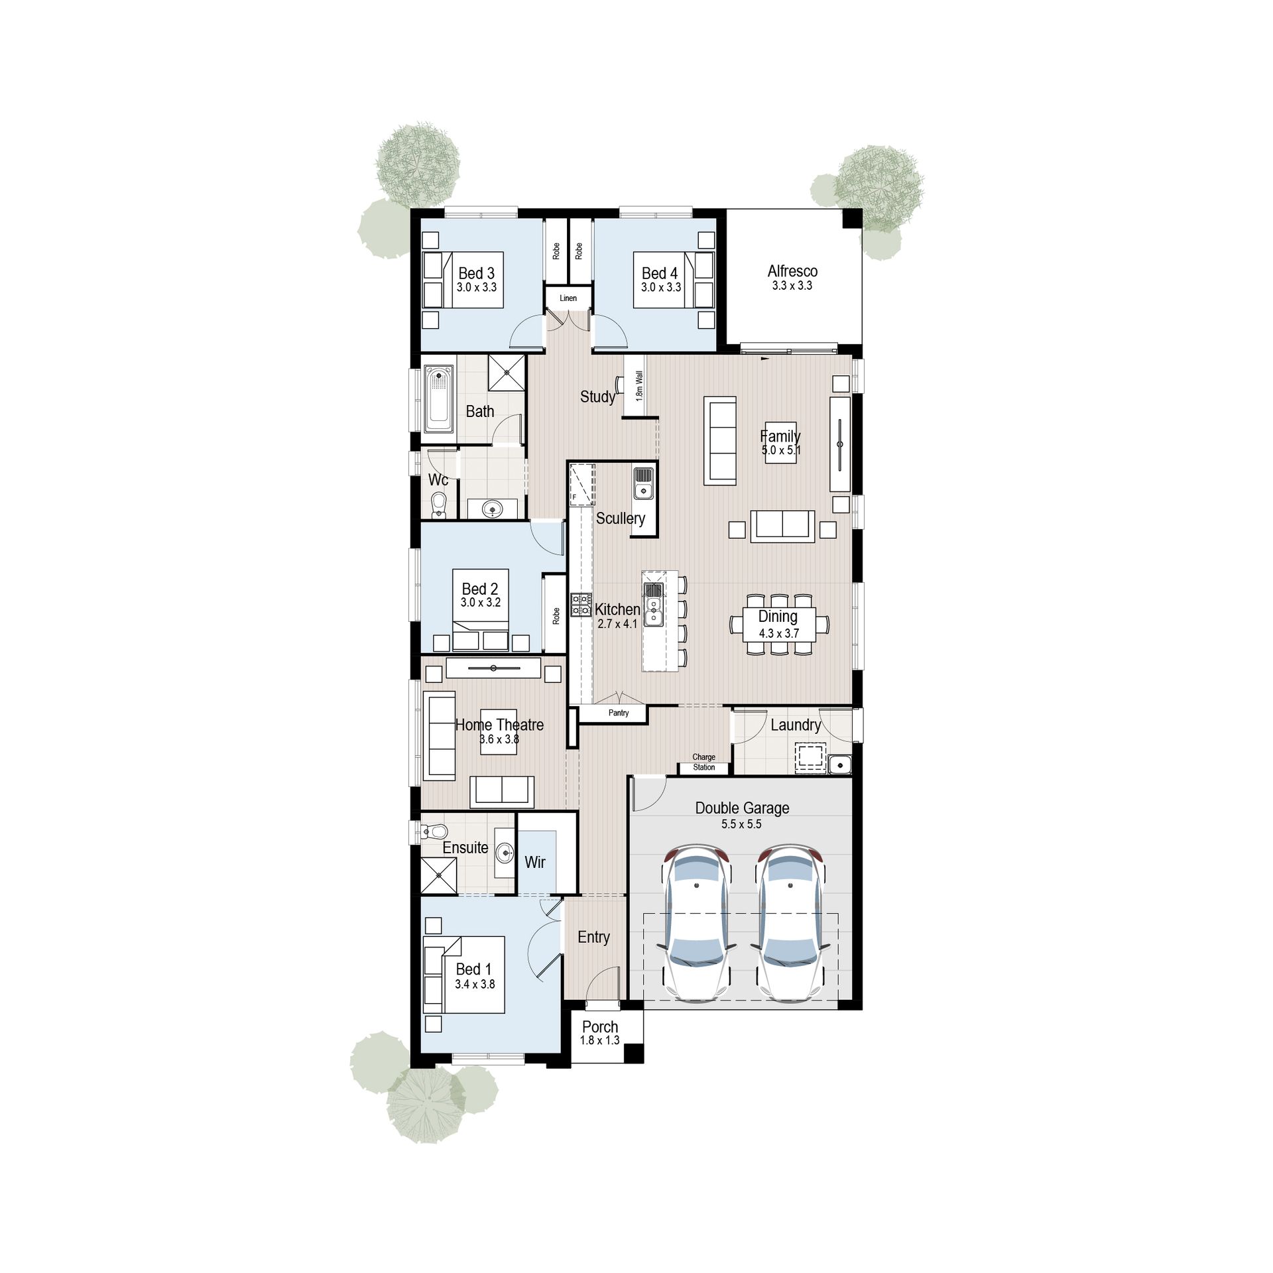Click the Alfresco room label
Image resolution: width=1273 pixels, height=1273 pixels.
[x=792, y=271]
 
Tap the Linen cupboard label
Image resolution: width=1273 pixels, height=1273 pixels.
[x=568, y=298]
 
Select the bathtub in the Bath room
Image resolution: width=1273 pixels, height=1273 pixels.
[x=438, y=398]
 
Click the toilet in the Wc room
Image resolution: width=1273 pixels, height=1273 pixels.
[x=439, y=505]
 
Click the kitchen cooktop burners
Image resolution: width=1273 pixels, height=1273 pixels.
[x=581, y=605]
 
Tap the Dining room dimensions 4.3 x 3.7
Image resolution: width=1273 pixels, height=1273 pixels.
[x=779, y=633]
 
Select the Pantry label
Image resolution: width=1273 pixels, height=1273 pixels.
[x=619, y=713]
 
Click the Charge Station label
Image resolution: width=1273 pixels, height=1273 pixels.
[x=704, y=762]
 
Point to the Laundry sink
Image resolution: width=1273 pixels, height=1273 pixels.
[x=839, y=764]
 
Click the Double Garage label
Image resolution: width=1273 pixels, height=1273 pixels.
[x=742, y=808]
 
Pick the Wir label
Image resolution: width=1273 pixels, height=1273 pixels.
[x=535, y=862]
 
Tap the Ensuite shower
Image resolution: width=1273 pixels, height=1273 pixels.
[x=439, y=875]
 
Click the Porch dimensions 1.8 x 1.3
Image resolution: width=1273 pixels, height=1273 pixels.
[x=600, y=1040]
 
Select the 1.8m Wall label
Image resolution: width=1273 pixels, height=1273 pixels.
[x=639, y=386]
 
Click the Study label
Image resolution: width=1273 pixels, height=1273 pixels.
[x=597, y=396]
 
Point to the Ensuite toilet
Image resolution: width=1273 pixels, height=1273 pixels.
[x=436, y=831]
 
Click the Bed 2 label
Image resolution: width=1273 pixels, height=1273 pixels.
[x=480, y=589]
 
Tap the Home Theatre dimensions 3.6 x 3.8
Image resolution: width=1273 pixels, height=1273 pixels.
[x=499, y=739]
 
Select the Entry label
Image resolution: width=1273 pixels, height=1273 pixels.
[x=593, y=937]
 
